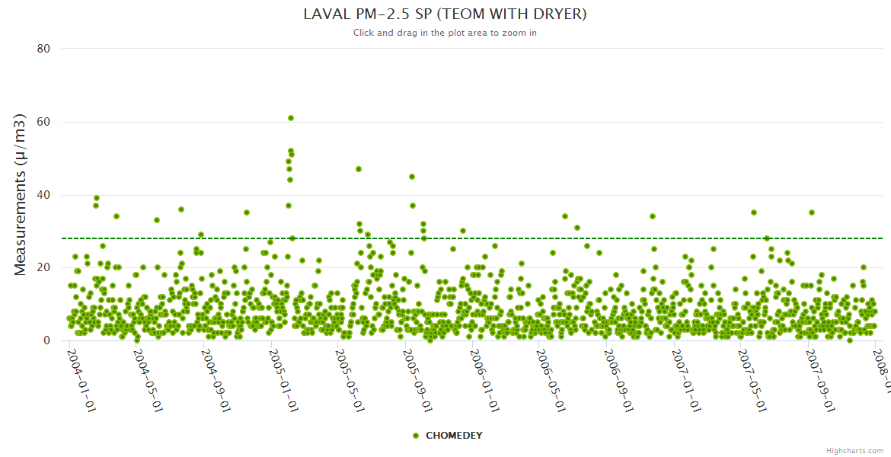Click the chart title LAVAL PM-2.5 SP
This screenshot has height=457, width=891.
pyautogui.click(x=445, y=14)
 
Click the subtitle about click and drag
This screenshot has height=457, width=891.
pyautogui.click(x=445, y=33)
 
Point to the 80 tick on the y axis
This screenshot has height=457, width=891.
pyautogui.click(x=43, y=49)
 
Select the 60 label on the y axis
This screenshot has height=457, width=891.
pyautogui.click(x=43, y=122)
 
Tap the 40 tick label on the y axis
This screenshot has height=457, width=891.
pyautogui.click(x=43, y=195)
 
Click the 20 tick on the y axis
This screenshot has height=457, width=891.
pyautogui.click(x=43, y=267)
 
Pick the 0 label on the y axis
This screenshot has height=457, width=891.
pyautogui.click(x=46, y=340)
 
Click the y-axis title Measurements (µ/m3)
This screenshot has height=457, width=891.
pyautogui.click(x=21, y=194)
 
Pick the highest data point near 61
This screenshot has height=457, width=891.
pyautogui.click(x=291, y=118)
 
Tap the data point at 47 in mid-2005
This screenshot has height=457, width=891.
pyautogui.click(x=359, y=169)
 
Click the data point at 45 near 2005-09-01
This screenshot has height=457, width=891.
pyautogui.click(x=412, y=177)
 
